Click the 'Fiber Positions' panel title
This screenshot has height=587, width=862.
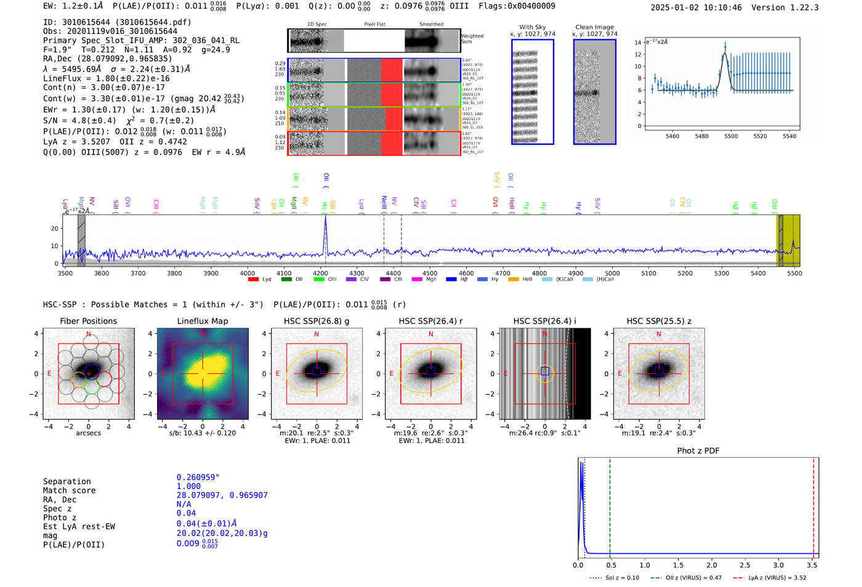(x=88, y=321)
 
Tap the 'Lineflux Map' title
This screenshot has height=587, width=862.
(x=202, y=321)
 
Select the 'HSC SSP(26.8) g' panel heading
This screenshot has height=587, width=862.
(x=316, y=321)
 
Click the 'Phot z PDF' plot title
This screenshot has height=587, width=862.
(x=698, y=450)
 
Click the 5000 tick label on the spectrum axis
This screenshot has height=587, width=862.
(x=612, y=273)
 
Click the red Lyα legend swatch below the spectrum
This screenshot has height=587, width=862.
(x=253, y=280)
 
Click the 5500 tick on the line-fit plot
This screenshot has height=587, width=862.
(x=731, y=136)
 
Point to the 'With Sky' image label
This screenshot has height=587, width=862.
(x=532, y=27)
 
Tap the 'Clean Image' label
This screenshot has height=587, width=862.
(x=594, y=27)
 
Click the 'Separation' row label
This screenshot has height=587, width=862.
(x=66, y=481)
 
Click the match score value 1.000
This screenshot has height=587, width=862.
(x=188, y=486)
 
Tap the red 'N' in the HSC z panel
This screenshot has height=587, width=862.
(x=659, y=334)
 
